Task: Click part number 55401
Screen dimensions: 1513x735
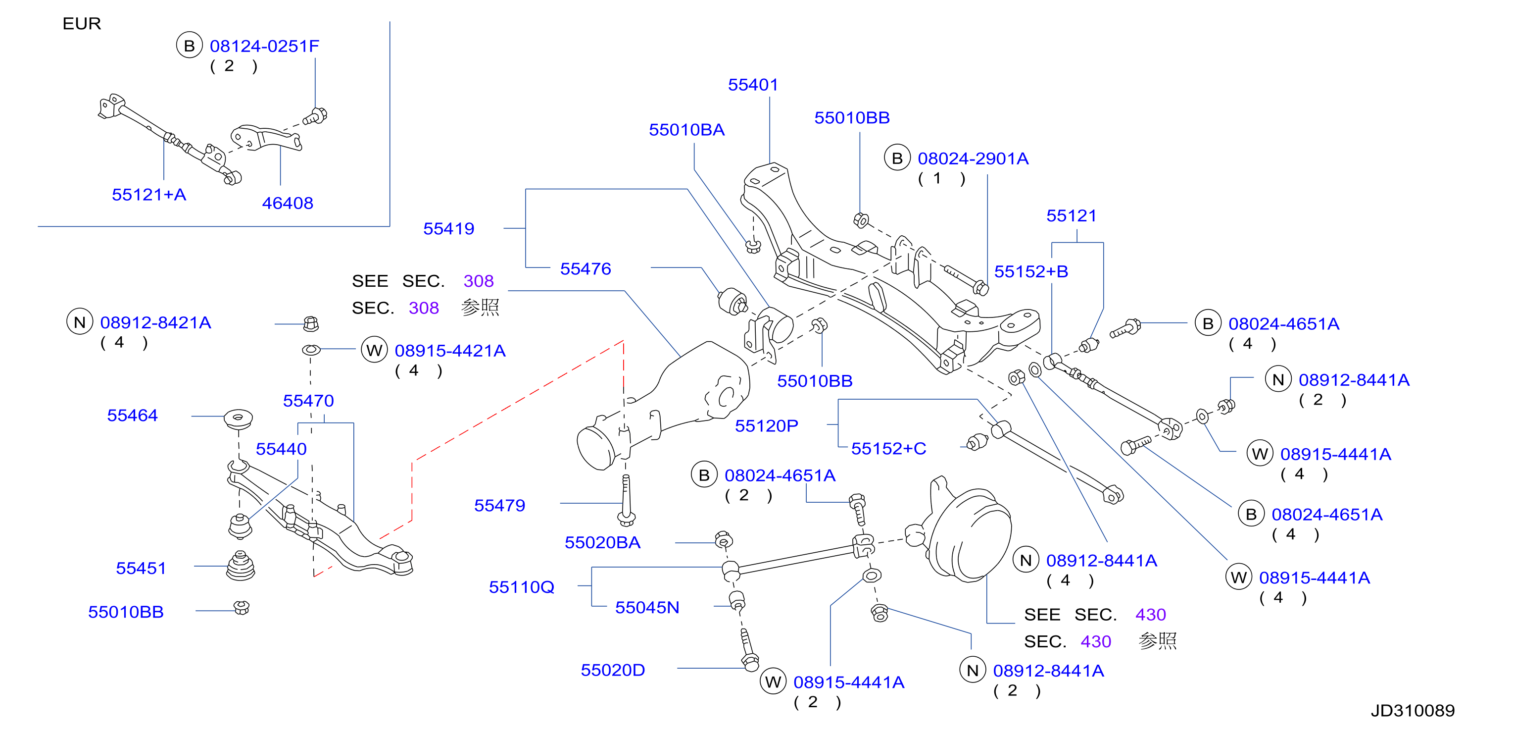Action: pos(753,85)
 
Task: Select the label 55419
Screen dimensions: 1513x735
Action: pos(449,228)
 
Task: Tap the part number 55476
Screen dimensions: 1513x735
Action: pos(586,268)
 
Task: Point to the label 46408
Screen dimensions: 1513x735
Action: pos(287,203)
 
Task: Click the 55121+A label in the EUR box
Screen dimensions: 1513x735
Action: pos(148,195)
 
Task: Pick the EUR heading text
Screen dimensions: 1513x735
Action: pos(82,23)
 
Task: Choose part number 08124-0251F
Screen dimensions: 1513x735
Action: pos(264,46)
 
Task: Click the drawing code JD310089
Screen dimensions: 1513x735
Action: pos(1413,711)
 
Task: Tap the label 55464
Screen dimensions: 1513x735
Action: pos(132,416)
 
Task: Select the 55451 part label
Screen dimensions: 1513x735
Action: pos(141,568)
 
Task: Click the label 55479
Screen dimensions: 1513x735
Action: pos(499,505)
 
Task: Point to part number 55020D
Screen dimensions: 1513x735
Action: pos(613,670)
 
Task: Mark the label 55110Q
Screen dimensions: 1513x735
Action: pos(522,587)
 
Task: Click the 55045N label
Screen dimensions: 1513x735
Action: pos(647,608)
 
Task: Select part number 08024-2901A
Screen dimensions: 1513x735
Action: pos(973,158)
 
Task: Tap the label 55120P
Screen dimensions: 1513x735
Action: pos(767,426)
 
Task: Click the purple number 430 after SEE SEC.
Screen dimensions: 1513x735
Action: pos(1150,615)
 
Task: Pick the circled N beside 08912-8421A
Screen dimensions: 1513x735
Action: pos(80,322)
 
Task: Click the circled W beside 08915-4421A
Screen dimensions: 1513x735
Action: pos(374,350)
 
